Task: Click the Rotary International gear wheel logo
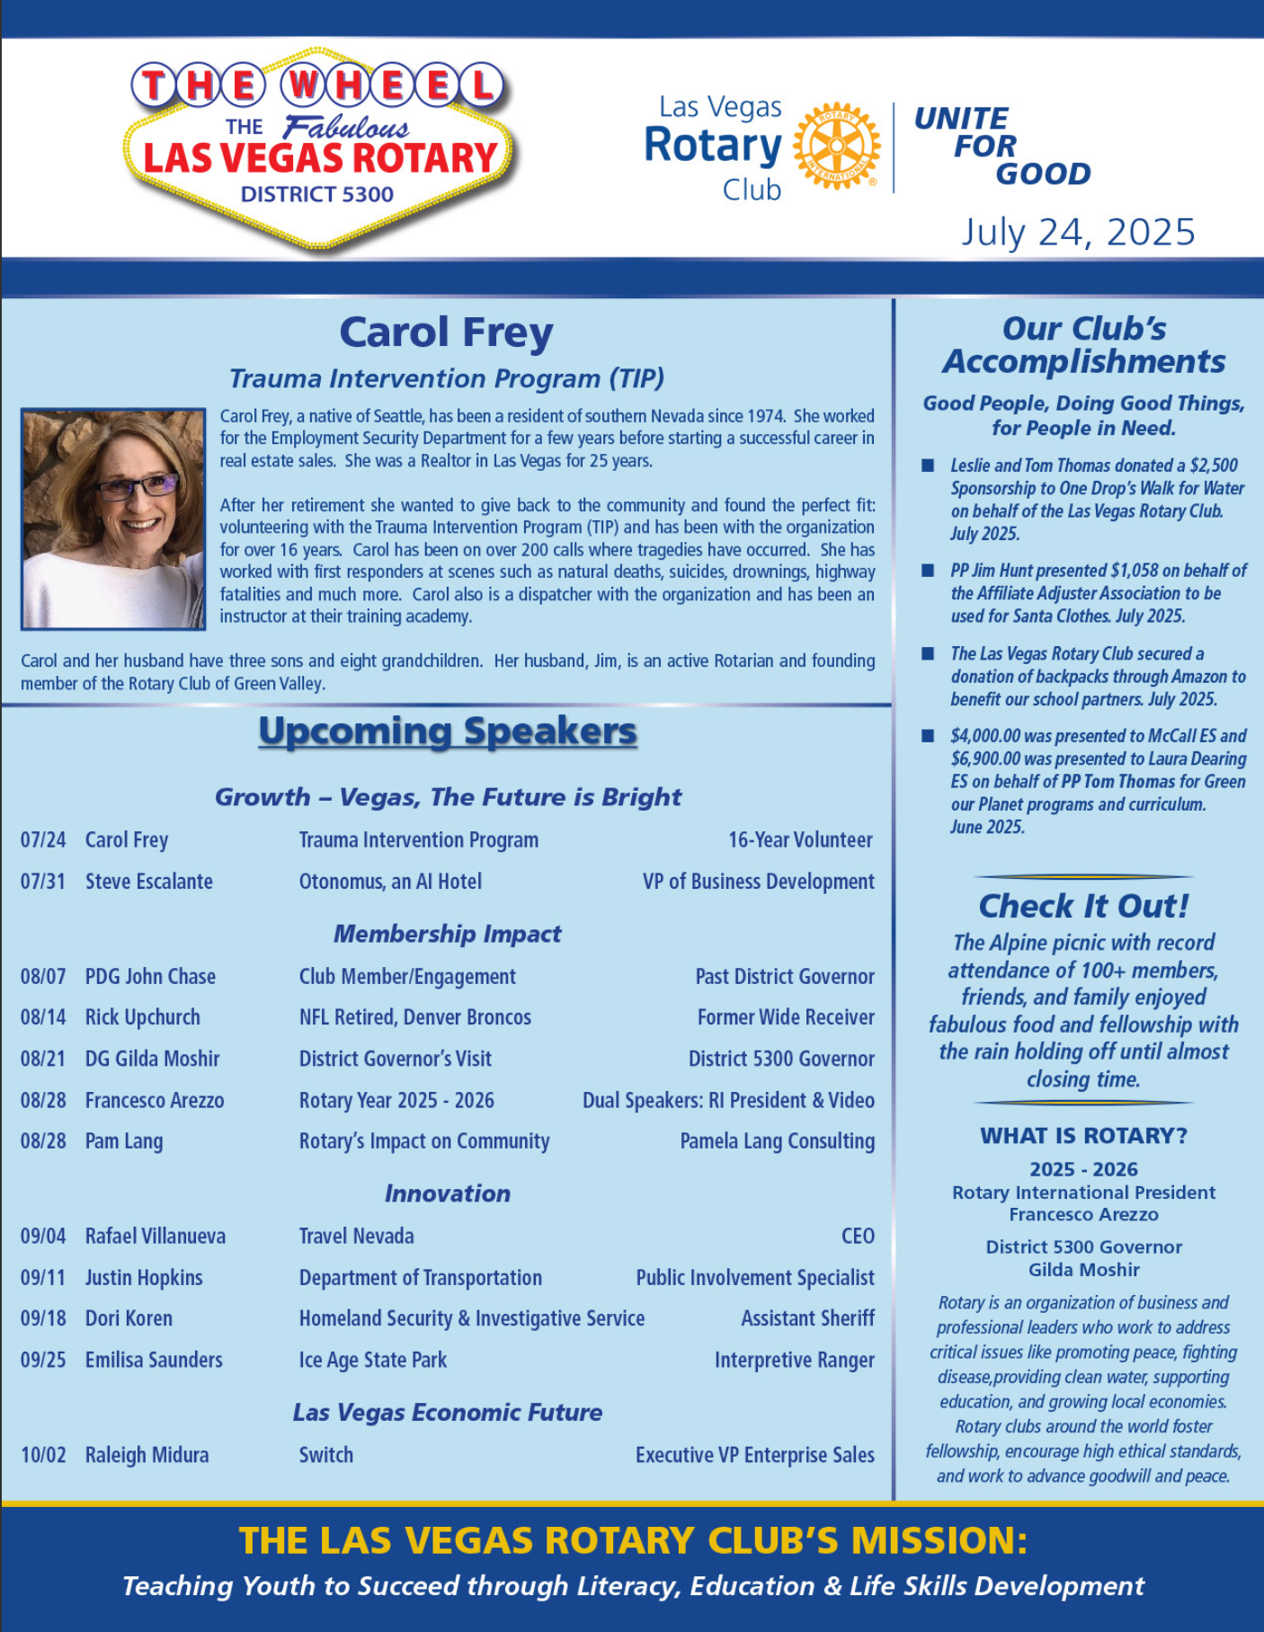(x=837, y=146)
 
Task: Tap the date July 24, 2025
(x=1078, y=232)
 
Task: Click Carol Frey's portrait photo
(x=113, y=519)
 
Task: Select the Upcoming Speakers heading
(x=447, y=732)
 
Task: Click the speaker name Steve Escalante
(x=149, y=882)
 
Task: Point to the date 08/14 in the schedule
(x=43, y=1017)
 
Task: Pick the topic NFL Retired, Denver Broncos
(x=414, y=1017)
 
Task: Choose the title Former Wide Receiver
(x=786, y=1017)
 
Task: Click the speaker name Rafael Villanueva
(x=156, y=1237)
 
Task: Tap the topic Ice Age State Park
(x=372, y=1360)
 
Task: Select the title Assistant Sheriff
(x=807, y=1318)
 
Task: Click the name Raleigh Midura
(x=147, y=1455)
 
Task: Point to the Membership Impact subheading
(x=447, y=934)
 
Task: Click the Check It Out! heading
(x=1083, y=906)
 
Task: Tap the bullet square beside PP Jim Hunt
(x=928, y=571)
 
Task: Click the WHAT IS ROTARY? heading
(x=1083, y=1136)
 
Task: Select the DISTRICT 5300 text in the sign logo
(x=316, y=194)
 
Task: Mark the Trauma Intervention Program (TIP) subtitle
(x=447, y=378)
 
